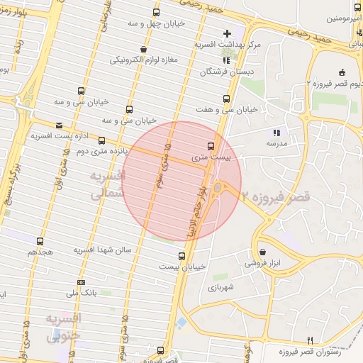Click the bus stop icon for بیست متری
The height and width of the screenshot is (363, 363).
[208, 146]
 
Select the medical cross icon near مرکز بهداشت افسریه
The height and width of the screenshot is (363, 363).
[227, 33]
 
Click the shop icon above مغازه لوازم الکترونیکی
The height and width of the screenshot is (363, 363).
[145, 50]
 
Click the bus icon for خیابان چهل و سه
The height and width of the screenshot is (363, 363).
[156, 12]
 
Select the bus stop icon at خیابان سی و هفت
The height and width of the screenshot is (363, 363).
[226, 99]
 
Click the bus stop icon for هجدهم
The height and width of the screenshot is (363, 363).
[40, 241]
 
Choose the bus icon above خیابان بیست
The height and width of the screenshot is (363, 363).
[182, 256]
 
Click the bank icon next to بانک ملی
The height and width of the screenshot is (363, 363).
[81, 282]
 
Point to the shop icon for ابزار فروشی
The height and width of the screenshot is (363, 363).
[262, 252]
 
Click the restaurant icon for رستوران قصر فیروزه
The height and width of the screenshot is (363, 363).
[310, 340]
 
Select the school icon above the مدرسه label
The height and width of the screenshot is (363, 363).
[277, 132]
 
